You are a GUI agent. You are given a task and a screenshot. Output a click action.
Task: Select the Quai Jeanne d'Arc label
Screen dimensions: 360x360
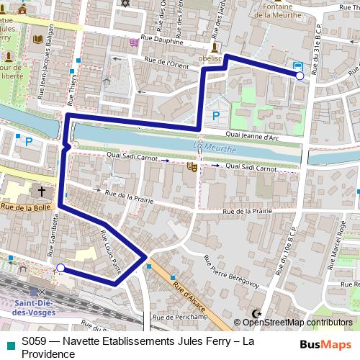[251, 135]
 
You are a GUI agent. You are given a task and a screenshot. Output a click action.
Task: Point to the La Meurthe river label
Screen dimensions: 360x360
[207, 148]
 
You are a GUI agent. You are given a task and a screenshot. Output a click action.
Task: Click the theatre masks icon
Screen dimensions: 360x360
[192, 166]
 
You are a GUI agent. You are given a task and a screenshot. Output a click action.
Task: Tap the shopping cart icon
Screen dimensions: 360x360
[134, 42]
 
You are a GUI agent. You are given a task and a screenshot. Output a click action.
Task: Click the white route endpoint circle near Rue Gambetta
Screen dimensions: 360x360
[60, 268]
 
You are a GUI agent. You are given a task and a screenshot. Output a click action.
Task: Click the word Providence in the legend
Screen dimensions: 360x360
[49, 354]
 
